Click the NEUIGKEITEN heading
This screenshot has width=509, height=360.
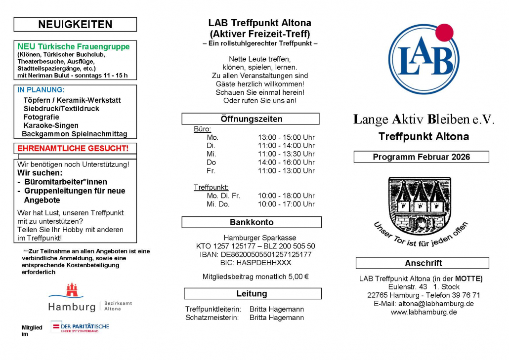click(x=75, y=24)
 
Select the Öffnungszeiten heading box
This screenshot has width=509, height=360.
click(x=251, y=119)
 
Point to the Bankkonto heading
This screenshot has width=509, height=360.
click(x=252, y=222)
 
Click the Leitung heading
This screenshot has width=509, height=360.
click(x=252, y=294)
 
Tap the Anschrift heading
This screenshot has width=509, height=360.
click(x=423, y=263)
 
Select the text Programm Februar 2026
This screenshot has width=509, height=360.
click(x=421, y=157)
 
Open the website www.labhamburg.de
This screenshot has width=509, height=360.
click(x=424, y=312)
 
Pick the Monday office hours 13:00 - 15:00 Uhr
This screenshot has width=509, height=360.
click(x=286, y=137)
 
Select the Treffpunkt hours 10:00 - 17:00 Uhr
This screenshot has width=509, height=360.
click(x=286, y=204)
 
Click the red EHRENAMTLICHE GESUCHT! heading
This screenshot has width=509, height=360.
click(x=73, y=148)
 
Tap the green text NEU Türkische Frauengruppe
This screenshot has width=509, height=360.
click(x=74, y=47)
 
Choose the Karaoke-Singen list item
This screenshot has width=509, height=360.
click(x=50, y=125)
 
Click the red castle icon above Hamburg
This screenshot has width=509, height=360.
click(x=72, y=290)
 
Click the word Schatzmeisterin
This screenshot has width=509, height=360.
click(x=212, y=318)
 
